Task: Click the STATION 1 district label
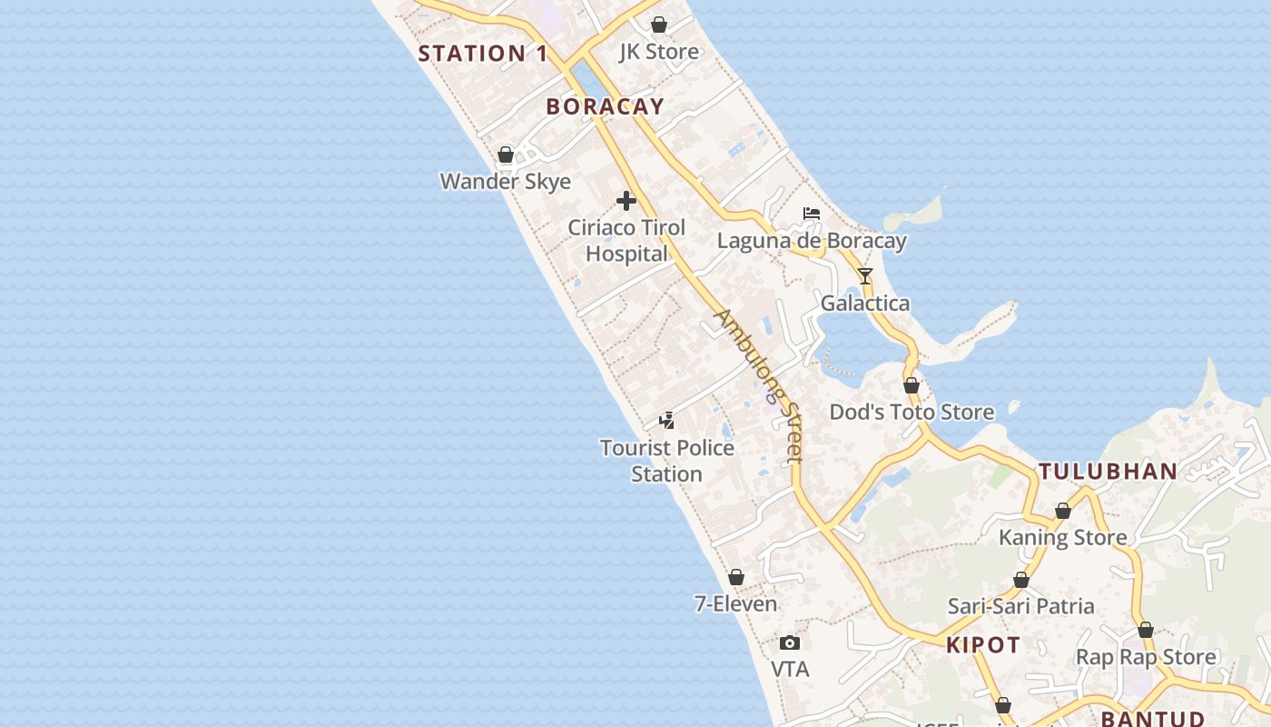(x=483, y=54)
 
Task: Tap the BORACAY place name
(x=606, y=106)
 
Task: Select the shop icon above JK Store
(x=659, y=25)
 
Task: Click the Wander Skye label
(x=506, y=181)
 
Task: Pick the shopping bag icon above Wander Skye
(x=506, y=154)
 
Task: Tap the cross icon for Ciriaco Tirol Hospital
(x=626, y=201)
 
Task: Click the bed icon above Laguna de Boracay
(x=812, y=214)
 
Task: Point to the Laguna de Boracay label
(x=812, y=241)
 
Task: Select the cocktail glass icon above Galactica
(x=865, y=276)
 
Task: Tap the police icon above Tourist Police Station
(x=667, y=421)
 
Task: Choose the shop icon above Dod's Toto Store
(x=911, y=385)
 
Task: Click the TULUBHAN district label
(x=1108, y=472)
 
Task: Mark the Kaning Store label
(x=1062, y=537)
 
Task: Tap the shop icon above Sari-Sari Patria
(x=1021, y=580)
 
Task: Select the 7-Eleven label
(x=736, y=603)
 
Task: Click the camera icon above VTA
(x=790, y=643)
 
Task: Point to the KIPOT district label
(x=983, y=645)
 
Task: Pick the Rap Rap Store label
(x=1146, y=656)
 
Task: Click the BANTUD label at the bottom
(x=1153, y=719)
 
